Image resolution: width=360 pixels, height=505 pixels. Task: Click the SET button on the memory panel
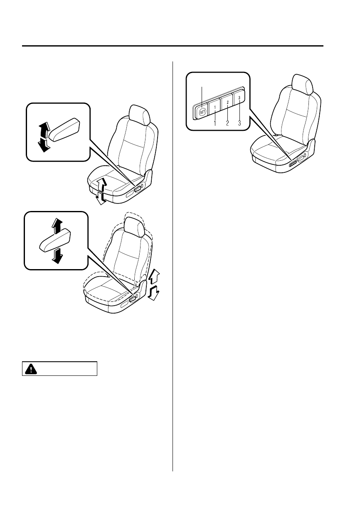202,112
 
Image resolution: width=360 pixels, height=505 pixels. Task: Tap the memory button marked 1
215,107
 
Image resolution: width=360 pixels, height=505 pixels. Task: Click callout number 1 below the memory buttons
215,123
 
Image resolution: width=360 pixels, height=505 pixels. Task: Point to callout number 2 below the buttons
227,123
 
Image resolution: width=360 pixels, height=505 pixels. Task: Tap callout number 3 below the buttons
239,123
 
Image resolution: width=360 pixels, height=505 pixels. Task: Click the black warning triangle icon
30,368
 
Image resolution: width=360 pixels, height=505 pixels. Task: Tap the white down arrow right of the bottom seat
153,292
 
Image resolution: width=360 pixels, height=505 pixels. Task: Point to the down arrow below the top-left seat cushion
100,199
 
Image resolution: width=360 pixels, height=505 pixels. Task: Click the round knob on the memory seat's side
307,156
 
